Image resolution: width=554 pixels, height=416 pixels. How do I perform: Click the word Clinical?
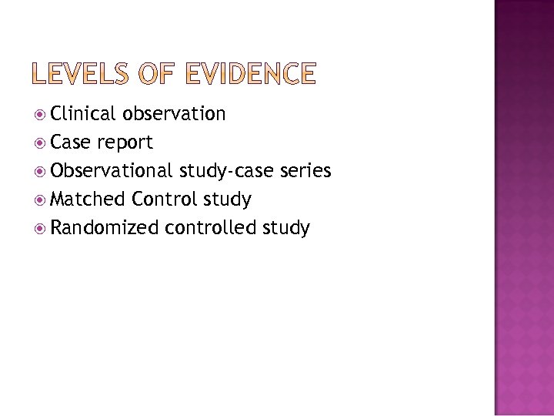[x=82, y=115]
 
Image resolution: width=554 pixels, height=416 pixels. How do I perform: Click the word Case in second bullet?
[x=71, y=143]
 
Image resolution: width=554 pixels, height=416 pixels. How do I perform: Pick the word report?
[x=125, y=143]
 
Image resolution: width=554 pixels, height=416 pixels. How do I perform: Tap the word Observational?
[x=112, y=171]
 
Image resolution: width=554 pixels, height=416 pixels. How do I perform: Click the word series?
[x=305, y=171]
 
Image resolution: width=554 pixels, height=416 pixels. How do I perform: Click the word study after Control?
[x=226, y=200]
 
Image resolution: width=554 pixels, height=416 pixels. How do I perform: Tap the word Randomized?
[x=105, y=228]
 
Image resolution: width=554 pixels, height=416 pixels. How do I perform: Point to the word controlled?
[x=210, y=228]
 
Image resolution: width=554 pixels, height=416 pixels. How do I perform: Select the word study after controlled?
[x=285, y=228]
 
